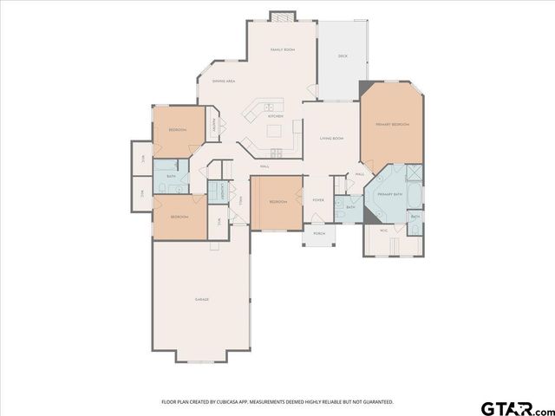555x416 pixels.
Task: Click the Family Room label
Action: [282, 50]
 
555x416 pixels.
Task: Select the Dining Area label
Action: [224, 81]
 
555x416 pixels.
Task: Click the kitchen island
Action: [276, 132]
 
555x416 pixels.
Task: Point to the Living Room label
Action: [331, 139]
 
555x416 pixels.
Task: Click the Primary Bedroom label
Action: [392, 126]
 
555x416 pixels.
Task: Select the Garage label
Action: [201, 299]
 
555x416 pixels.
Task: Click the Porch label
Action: [318, 233]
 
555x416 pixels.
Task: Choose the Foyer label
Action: [318, 200]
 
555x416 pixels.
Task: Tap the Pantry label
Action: [214, 126]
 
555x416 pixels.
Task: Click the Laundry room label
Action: [223, 192]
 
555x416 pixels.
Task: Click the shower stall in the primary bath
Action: [414, 172]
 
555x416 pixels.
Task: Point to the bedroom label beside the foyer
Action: [277, 202]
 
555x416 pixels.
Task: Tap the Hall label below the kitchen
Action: [264, 166]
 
